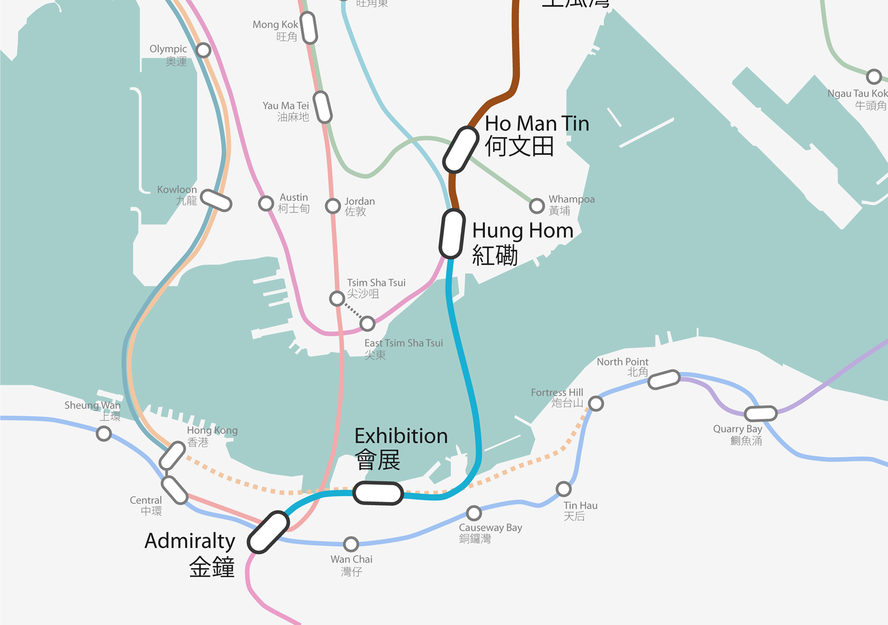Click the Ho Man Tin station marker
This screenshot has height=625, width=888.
tap(460, 149)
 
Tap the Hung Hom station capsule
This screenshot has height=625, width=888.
tap(452, 234)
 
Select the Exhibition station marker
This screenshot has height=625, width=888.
tap(378, 493)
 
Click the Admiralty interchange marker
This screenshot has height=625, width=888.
tap(268, 532)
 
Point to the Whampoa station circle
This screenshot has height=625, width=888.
tap(537, 206)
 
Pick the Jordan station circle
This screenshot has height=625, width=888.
tap(333, 206)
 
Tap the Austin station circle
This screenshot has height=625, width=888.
tap(266, 204)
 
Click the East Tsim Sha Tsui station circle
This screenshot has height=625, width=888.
tap(367, 324)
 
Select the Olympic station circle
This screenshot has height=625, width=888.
tap(203, 50)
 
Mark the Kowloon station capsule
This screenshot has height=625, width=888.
tap(216, 200)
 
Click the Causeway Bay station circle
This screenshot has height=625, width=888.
tap(474, 513)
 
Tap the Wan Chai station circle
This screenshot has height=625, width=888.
tap(351, 544)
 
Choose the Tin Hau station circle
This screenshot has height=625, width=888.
tap(563, 489)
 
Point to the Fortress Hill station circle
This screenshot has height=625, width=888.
tap(596, 404)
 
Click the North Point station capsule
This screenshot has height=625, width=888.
tap(664, 379)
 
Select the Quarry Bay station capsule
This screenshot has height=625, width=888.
tap(760, 413)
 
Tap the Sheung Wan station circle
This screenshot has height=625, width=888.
tap(104, 433)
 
